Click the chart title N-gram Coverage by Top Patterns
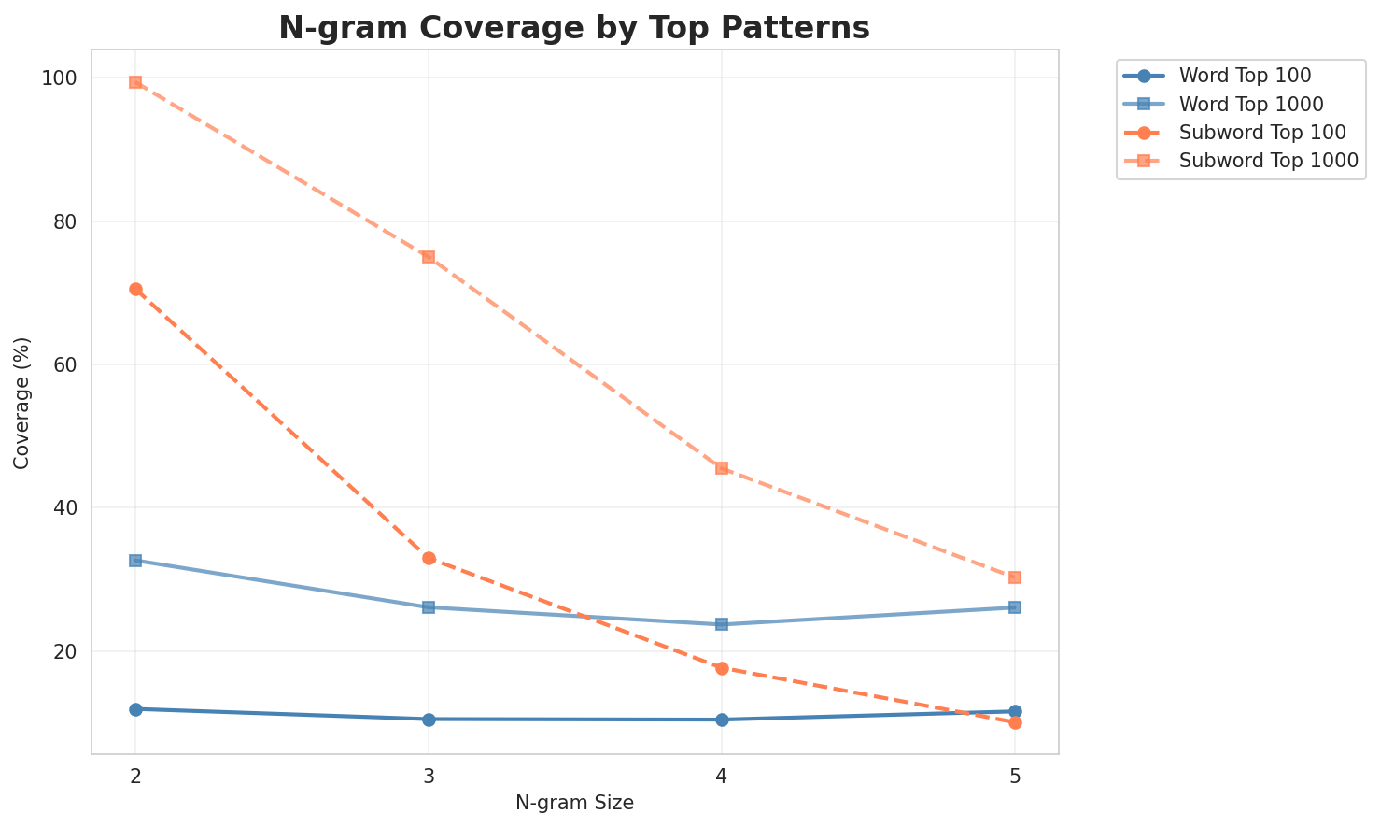coord(574,28)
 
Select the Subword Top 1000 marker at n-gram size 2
coord(135,82)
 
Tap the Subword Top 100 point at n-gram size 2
coord(135,290)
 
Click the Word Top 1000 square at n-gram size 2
coord(135,561)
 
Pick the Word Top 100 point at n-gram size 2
coord(135,709)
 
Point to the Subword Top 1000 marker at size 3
coord(429,257)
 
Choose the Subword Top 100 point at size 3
coord(429,558)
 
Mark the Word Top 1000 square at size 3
coord(429,607)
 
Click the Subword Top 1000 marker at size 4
coord(722,467)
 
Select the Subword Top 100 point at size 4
coord(722,668)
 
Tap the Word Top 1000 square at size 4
coord(722,624)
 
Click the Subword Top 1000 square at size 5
coord(1015,577)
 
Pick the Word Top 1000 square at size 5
coord(1015,607)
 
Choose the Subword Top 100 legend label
coord(1262,132)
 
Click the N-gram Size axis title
coord(574,803)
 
